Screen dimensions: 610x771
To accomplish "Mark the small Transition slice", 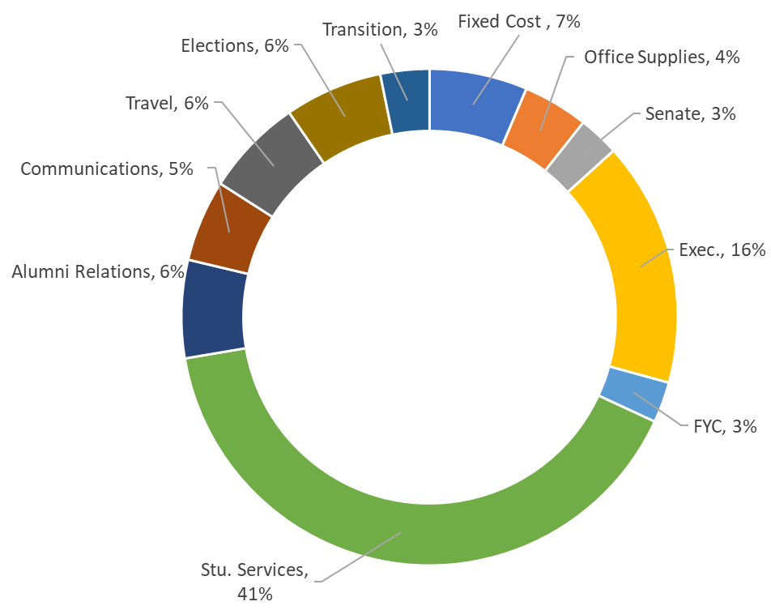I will click(407, 100).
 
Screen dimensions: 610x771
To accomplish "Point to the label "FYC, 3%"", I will click(725, 426).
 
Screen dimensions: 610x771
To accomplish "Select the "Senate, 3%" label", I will click(690, 114).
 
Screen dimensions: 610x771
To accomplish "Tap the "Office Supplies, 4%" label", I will click(662, 58).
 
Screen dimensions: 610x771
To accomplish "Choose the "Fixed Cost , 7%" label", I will click(519, 22).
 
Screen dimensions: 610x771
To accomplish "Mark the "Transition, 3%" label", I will click(380, 30).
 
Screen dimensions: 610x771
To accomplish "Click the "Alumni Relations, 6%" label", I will click(98, 272).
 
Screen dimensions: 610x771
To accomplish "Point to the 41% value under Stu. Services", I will click(256, 594).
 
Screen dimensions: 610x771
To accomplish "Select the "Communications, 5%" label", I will click(107, 168).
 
